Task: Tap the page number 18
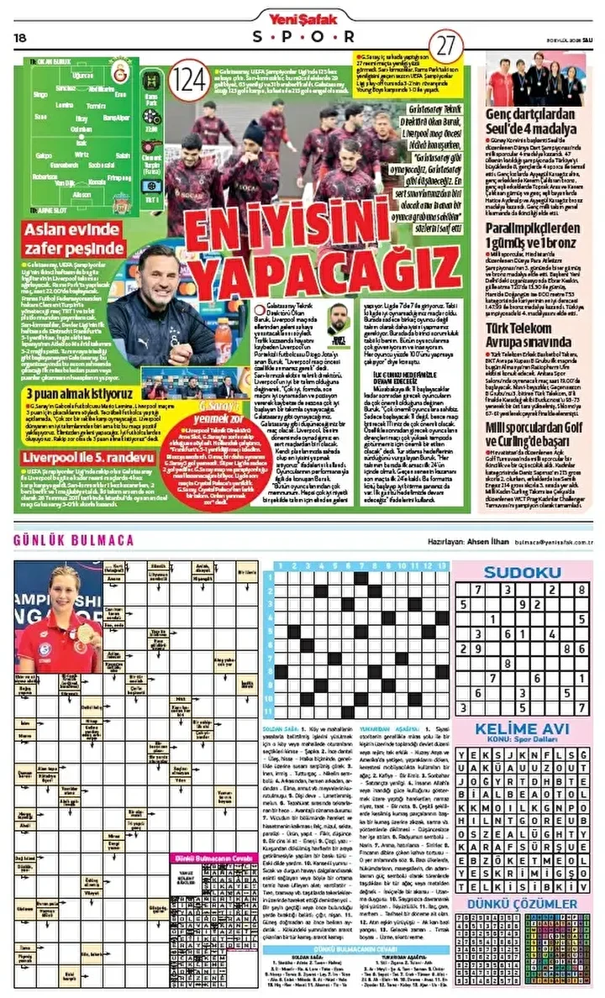point(21,37)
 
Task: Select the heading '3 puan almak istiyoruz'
point(77,393)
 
